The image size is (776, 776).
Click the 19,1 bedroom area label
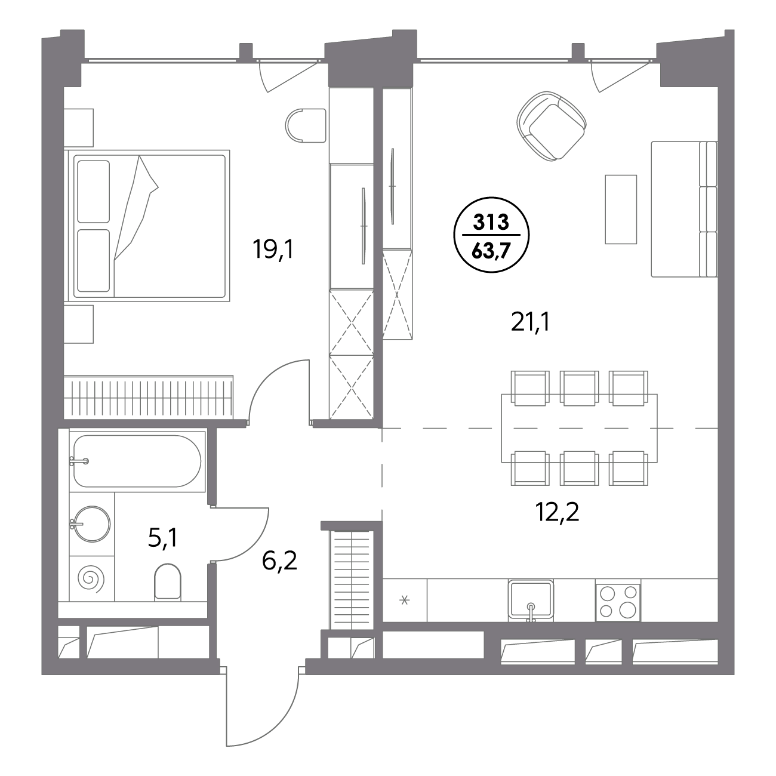pos(273,249)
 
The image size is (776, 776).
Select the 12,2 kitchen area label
pos(557,513)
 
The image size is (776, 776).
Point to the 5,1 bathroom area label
pos(162,538)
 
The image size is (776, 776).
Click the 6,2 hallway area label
pos(279,561)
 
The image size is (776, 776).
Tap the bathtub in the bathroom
pos(137,461)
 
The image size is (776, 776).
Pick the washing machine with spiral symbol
pos(92,579)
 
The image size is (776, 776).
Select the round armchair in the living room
pos(551,126)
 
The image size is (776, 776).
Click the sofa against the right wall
pos(684,209)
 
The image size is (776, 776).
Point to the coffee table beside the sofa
pos(621,210)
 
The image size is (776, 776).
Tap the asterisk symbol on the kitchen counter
pos(404,601)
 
